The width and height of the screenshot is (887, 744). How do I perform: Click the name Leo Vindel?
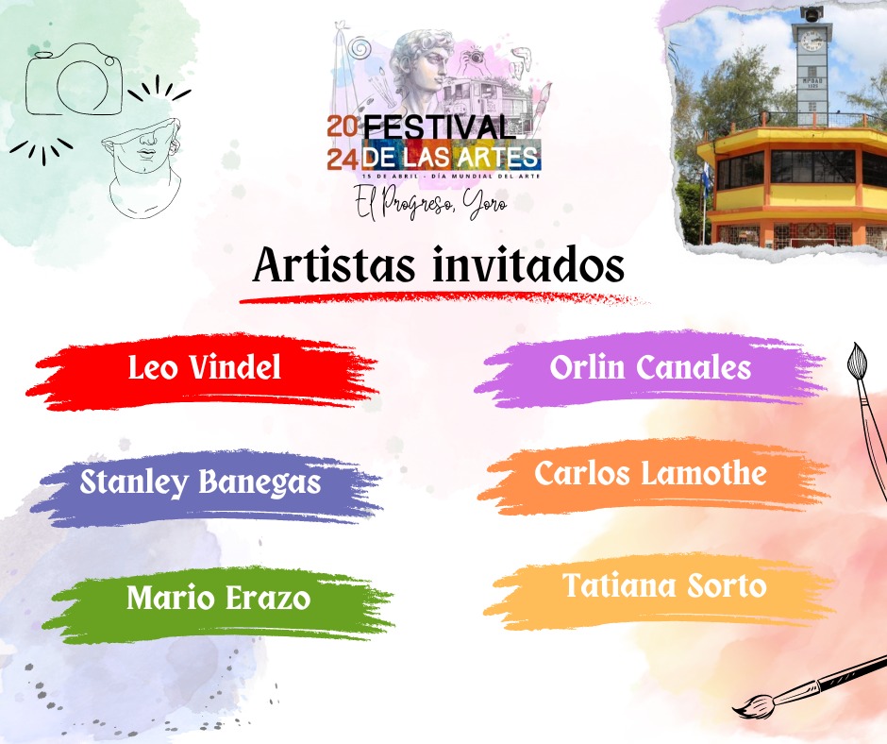pyautogui.click(x=204, y=367)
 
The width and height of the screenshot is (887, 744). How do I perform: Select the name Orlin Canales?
pyautogui.click(x=650, y=367)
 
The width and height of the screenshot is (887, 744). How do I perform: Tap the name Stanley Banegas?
pyautogui.click(x=200, y=482)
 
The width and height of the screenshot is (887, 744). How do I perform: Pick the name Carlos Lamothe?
pyautogui.click(x=650, y=473)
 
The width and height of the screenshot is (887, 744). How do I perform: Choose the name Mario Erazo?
pyautogui.click(x=218, y=598)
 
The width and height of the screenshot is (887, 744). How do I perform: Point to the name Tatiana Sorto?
pyautogui.click(x=664, y=585)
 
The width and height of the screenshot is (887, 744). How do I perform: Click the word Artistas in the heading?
pyautogui.click(x=334, y=265)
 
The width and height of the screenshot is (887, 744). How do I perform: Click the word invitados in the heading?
pyautogui.click(x=529, y=265)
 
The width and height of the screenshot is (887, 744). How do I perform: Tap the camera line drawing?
pyautogui.click(x=75, y=80)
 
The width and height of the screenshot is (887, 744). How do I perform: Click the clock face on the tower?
pyautogui.click(x=812, y=40)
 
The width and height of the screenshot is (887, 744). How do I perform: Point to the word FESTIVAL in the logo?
pyautogui.click(x=436, y=127)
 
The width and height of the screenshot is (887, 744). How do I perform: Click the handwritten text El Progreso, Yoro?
pyautogui.click(x=431, y=203)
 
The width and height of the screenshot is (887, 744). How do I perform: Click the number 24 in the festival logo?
pyautogui.click(x=343, y=160)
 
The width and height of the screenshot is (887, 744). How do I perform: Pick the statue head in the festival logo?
pyautogui.click(x=422, y=67)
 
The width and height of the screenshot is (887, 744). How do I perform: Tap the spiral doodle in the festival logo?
pyautogui.click(x=359, y=48)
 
